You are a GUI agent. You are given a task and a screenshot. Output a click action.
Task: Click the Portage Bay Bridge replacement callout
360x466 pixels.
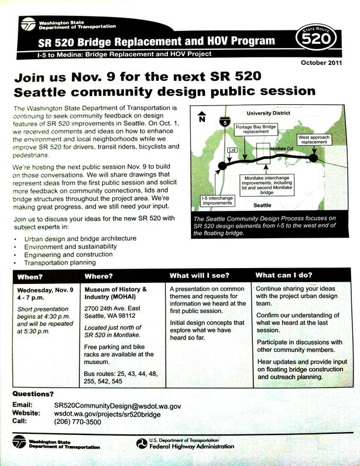[256, 129]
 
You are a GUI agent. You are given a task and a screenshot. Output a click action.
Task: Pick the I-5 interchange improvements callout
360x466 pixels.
[218, 200]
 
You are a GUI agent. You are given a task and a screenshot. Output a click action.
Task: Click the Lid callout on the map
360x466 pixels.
[232, 150]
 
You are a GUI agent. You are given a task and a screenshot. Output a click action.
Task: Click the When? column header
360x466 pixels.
[30, 276]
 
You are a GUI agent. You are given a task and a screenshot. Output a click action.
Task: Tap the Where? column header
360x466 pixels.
[98, 276]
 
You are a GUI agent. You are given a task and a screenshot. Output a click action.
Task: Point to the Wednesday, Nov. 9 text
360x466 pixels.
[44, 290]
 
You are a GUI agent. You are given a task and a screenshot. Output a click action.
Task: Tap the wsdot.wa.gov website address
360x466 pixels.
[107, 413]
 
